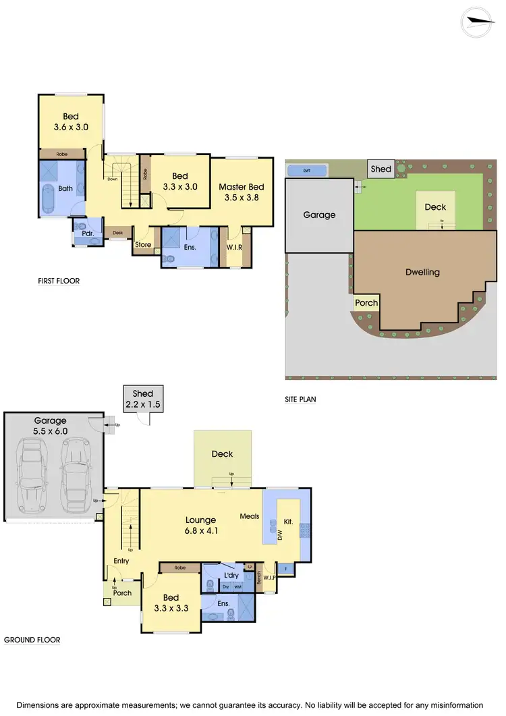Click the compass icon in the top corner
pyautogui.click(x=481, y=22)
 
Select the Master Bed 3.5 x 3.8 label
pyautogui.click(x=242, y=192)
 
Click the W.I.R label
pyautogui.click(x=234, y=248)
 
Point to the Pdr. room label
pyautogui.click(x=87, y=233)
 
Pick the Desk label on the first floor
pyautogui.click(x=118, y=233)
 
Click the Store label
pyautogui.click(x=143, y=245)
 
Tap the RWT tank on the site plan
pyautogui.click(x=307, y=170)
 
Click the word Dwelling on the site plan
pyautogui.click(x=422, y=272)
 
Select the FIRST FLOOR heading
pyautogui.click(x=59, y=281)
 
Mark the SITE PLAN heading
pyautogui.click(x=300, y=400)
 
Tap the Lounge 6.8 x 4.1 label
pyautogui.click(x=201, y=525)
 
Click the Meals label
pyautogui.click(x=250, y=516)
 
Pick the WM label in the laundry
pyautogui.click(x=237, y=587)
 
